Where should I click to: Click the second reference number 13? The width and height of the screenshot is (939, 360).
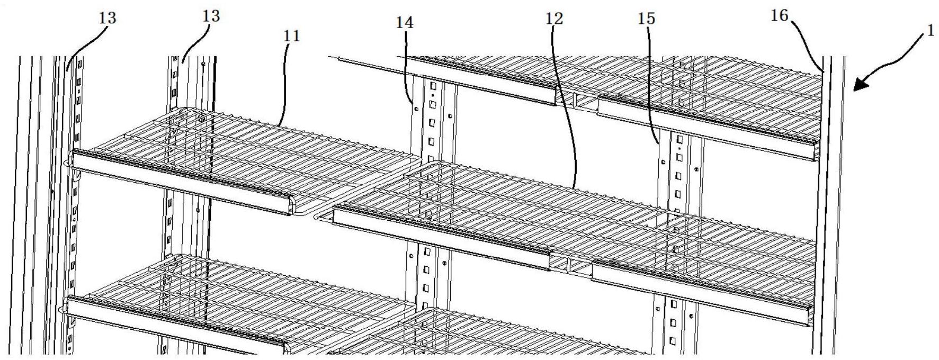click(x=211, y=16)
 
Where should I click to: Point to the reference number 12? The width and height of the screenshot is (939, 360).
click(x=555, y=19)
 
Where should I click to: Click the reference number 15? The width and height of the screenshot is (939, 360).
click(x=647, y=19)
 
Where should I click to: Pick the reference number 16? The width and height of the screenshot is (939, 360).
click(x=780, y=16)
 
